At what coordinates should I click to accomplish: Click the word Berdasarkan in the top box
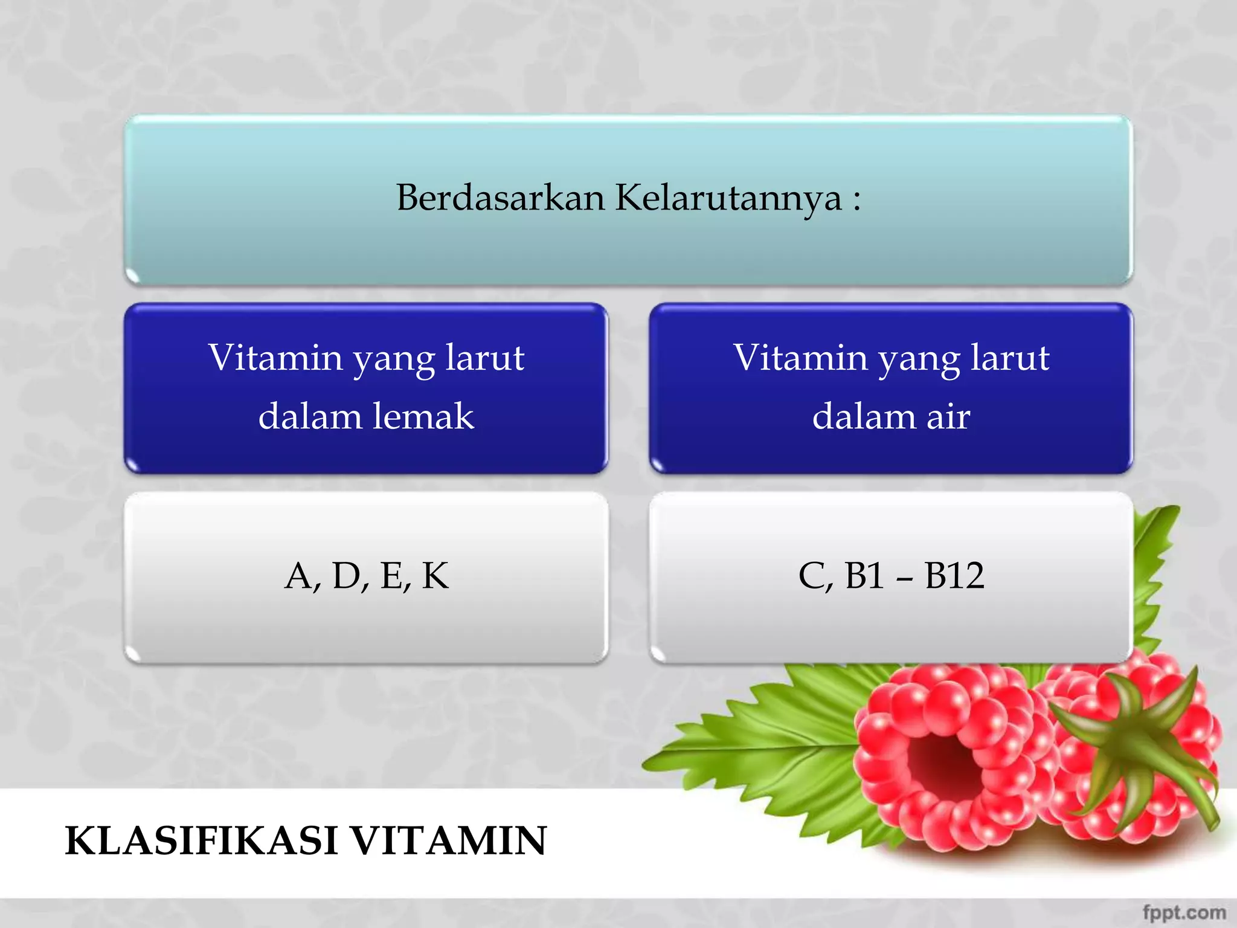tap(500, 198)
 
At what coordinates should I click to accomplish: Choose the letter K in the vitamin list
tap(435, 575)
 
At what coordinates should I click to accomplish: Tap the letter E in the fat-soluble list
tap(393, 575)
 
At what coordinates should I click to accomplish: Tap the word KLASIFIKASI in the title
tap(201, 840)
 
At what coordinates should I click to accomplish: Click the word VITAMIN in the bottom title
tap(449, 840)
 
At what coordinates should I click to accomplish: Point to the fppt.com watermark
tap(1184, 912)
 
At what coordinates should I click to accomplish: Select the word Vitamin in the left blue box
tap(275, 357)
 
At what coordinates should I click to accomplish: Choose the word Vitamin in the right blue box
tap(801, 357)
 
